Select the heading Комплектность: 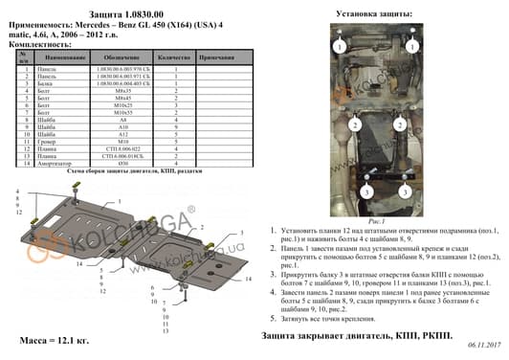[x=37, y=45]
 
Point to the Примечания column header [x=218, y=58]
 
